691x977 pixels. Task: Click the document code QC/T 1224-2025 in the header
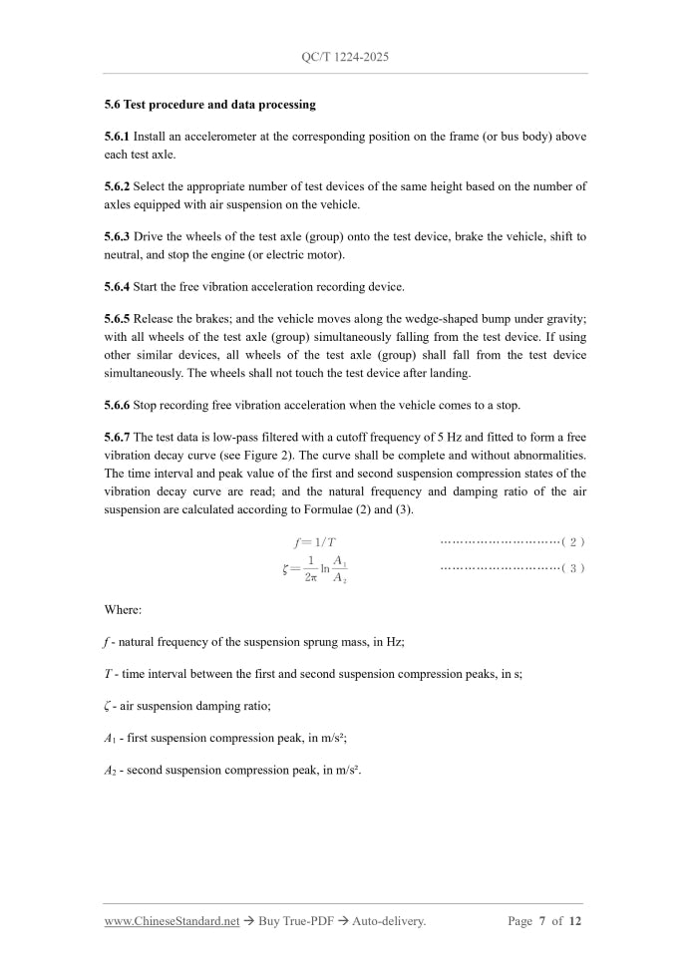pyautogui.click(x=345, y=57)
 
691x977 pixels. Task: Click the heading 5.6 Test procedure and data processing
pyautogui.click(x=209, y=104)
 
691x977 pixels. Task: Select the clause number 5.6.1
pyautogui.click(x=117, y=136)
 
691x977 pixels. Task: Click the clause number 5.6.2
pyautogui.click(x=117, y=186)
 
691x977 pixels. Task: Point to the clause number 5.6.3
pyautogui.click(x=117, y=236)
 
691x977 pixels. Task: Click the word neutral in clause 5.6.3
pyautogui.click(x=124, y=254)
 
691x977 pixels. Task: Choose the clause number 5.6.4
pyautogui.click(x=117, y=287)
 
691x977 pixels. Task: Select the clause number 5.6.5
pyautogui.click(x=117, y=319)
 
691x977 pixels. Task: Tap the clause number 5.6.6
pyautogui.click(x=117, y=406)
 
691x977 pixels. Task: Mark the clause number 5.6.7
pyautogui.click(x=117, y=438)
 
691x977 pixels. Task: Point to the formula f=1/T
pyautogui.click(x=315, y=542)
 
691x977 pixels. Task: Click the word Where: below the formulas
pyautogui.click(x=123, y=609)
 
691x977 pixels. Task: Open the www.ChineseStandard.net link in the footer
pyautogui.click(x=172, y=921)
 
